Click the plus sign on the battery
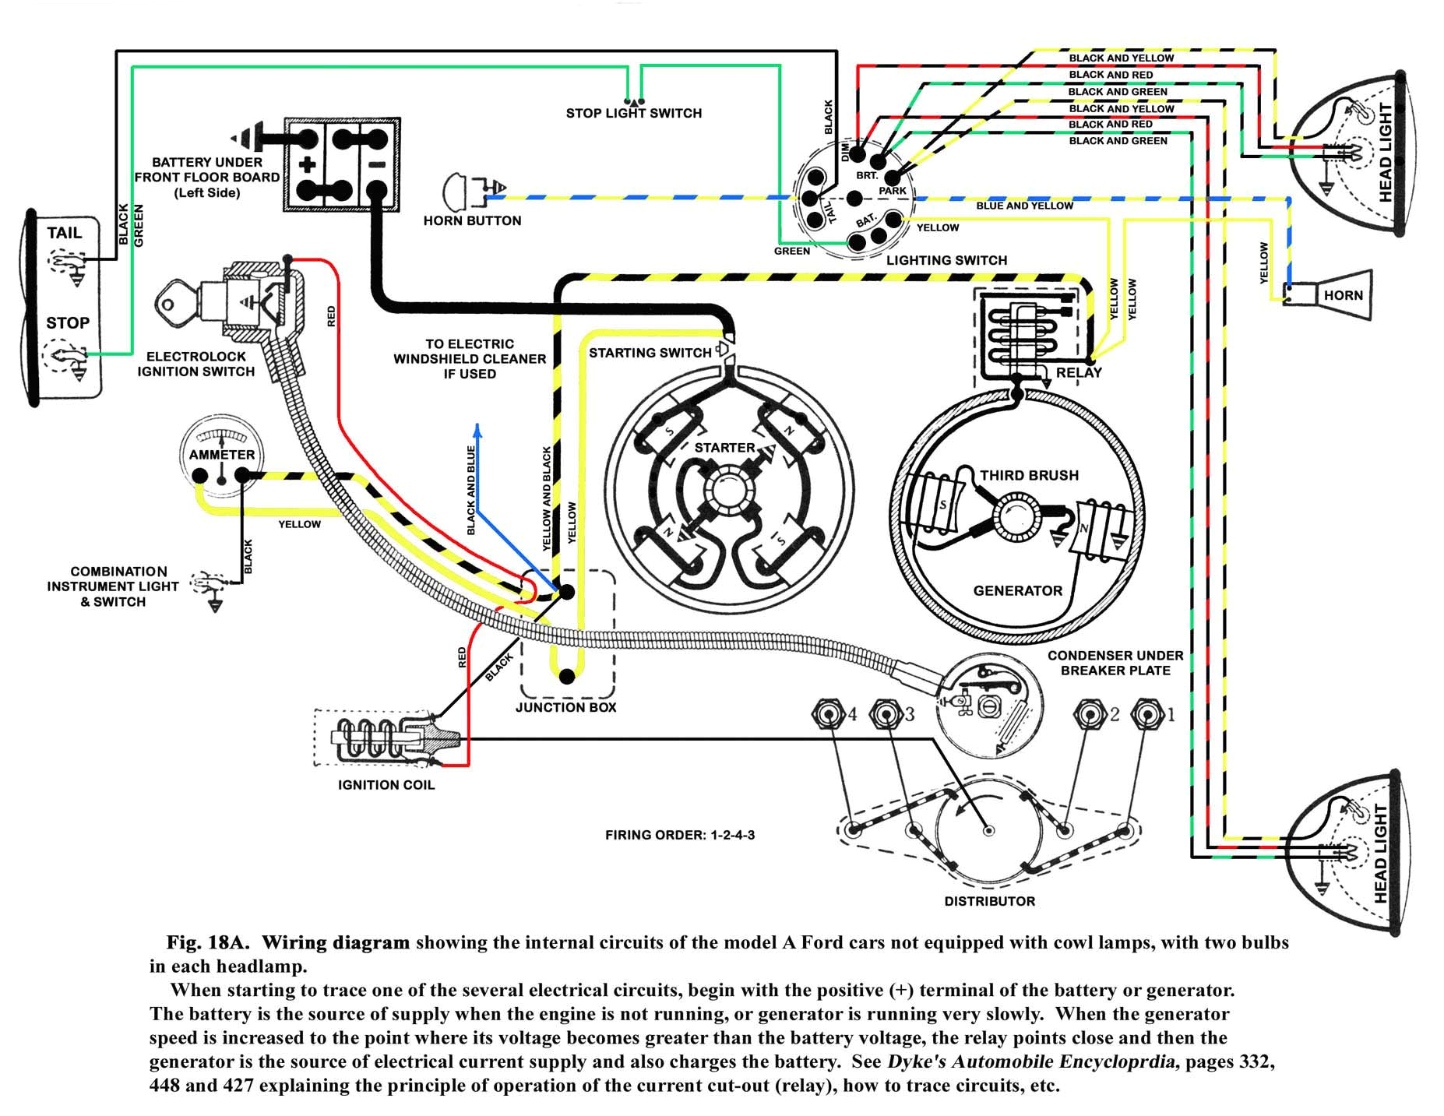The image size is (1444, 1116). tap(307, 164)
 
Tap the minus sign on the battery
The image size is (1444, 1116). tap(376, 164)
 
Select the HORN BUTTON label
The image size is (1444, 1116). tap(472, 221)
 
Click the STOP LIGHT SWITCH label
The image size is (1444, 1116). tap(633, 114)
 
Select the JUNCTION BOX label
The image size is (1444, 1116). tap(565, 708)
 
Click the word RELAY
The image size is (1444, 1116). tap(1078, 373)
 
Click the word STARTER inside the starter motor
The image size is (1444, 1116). tap(724, 448)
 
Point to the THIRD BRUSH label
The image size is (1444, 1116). tap(1029, 476)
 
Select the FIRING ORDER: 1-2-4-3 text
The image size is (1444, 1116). tap(679, 836)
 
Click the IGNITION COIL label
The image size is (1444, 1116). tap(386, 785)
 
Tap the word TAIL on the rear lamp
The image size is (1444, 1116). tap(64, 233)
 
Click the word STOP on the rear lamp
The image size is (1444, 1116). tap(68, 323)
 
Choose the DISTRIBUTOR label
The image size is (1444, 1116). tap(989, 902)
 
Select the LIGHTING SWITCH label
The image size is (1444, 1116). tap(946, 261)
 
